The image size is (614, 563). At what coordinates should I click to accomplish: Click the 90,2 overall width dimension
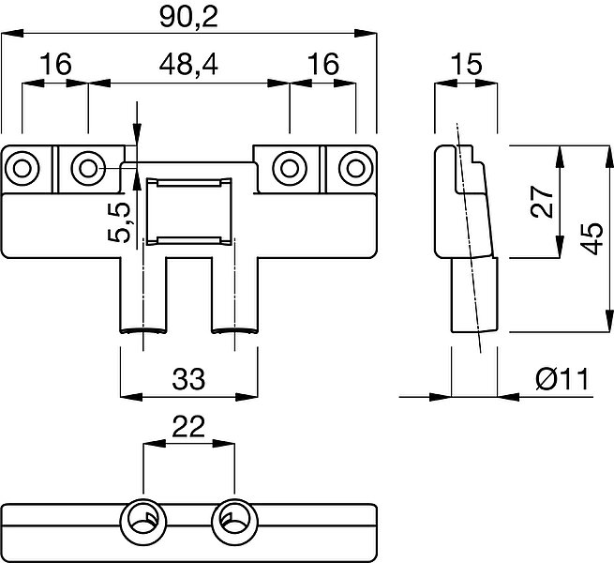188,18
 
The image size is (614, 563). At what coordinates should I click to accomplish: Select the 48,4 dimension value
188,65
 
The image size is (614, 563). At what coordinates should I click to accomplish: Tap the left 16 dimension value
56,64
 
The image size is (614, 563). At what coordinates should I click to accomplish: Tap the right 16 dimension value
323,64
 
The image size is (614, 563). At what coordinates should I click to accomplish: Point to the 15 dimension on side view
466,64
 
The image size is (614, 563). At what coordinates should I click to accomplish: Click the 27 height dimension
542,202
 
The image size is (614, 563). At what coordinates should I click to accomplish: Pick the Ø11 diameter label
562,379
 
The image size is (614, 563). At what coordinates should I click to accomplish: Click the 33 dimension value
188,379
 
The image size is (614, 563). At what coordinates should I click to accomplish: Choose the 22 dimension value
188,427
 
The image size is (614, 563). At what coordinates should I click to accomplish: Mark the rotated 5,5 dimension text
119,222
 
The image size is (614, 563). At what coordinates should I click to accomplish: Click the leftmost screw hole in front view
22,169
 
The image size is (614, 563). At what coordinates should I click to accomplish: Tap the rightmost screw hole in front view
355,169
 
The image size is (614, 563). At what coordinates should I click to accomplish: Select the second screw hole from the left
88,169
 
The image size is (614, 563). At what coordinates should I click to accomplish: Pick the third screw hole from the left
289,169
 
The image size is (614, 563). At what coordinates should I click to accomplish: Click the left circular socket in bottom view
143,522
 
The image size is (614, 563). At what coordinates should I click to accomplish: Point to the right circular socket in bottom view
234,522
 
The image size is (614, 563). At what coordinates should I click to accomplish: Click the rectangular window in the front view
188,212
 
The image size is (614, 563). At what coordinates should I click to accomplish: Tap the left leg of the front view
142,295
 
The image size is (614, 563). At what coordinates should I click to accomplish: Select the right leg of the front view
234,295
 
